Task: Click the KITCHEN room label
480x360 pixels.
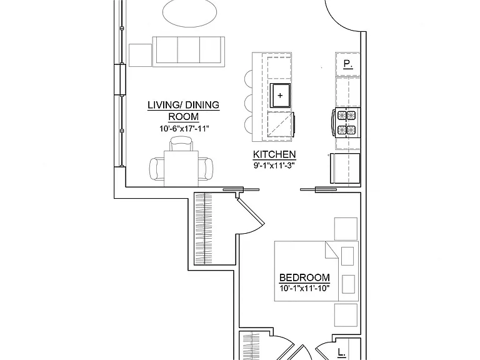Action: click(x=274, y=154)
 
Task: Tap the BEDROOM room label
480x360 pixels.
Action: click(x=304, y=277)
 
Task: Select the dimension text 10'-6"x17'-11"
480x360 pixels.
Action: click(x=184, y=129)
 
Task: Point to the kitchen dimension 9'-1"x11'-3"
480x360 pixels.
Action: click(x=274, y=166)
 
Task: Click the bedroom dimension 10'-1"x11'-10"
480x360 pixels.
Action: click(x=304, y=288)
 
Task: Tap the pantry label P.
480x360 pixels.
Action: click(x=347, y=64)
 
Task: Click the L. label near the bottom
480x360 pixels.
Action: click(x=341, y=353)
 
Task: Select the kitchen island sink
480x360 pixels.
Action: click(x=280, y=95)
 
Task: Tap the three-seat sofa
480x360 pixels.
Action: click(x=189, y=51)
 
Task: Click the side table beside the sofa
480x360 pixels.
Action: click(x=140, y=55)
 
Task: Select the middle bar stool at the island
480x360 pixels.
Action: click(x=249, y=103)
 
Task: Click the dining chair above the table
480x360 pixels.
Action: click(x=181, y=144)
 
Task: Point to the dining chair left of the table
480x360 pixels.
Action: click(x=157, y=169)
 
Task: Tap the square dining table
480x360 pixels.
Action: click(x=181, y=169)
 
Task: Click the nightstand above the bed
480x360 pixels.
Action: click(x=346, y=229)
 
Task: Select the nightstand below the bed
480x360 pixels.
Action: click(x=346, y=315)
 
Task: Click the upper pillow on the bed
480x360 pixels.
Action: click(x=347, y=256)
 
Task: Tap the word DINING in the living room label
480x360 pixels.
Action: click(x=202, y=105)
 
